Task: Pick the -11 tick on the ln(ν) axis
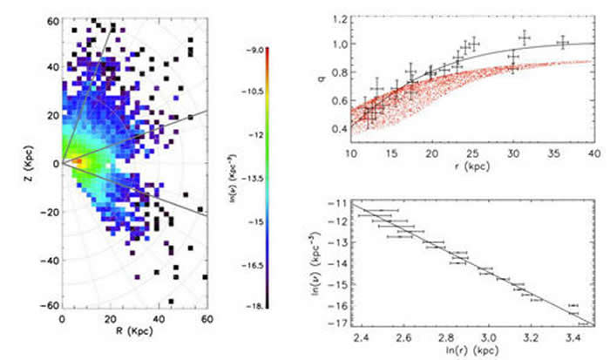pos(336,202)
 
